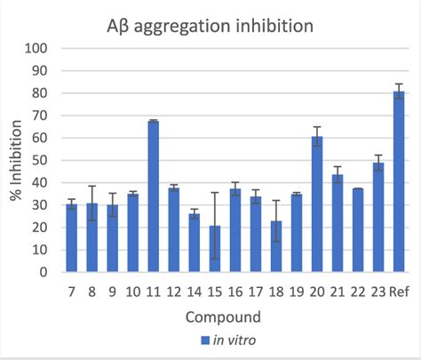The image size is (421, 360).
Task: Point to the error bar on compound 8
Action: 91,204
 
